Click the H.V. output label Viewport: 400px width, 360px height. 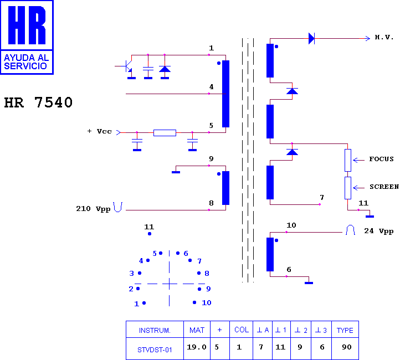pyautogui.click(x=384, y=37)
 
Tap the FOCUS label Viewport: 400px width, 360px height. pyautogui.click(x=381, y=159)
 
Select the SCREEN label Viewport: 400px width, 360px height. pyautogui.click(x=384, y=187)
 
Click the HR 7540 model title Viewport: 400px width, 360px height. pyautogui.click(x=39, y=102)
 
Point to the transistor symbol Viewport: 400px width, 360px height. pyautogui.click(x=126, y=66)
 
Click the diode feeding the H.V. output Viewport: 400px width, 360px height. pyautogui.click(x=311, y=39)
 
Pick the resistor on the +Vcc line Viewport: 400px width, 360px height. pyautogui.click(x=165, y=133)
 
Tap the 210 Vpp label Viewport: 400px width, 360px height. pyautogui.click(x=93, y=209)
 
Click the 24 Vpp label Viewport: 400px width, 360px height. pyautogui.click(x=378, y=231)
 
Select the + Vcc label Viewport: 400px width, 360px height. pyautogui.click(x=100, y=131)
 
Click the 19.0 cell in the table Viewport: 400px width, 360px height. pyautogui.click(x=197, y=347)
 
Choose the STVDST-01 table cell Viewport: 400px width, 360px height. pyautogui.click(x=155, y=350)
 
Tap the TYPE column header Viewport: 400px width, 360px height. pyautogui.click(x=345, y=331)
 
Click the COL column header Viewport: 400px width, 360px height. pyautogui.click(x=242, y=330)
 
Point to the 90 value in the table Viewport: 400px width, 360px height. pyautogui.click(x=347, y=347)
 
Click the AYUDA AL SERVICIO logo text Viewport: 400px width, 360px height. pyautogui.click(x=26, y=62)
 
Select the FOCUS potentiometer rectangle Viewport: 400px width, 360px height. pyautogui.click(x=348, y=160)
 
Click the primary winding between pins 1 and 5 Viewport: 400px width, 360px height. pyautogui.click(x=225, y=94)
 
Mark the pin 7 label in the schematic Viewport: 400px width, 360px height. pyautogui.click(x=322, y=197)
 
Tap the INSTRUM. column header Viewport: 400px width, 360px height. pyautogui.click(x=155, y=331)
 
